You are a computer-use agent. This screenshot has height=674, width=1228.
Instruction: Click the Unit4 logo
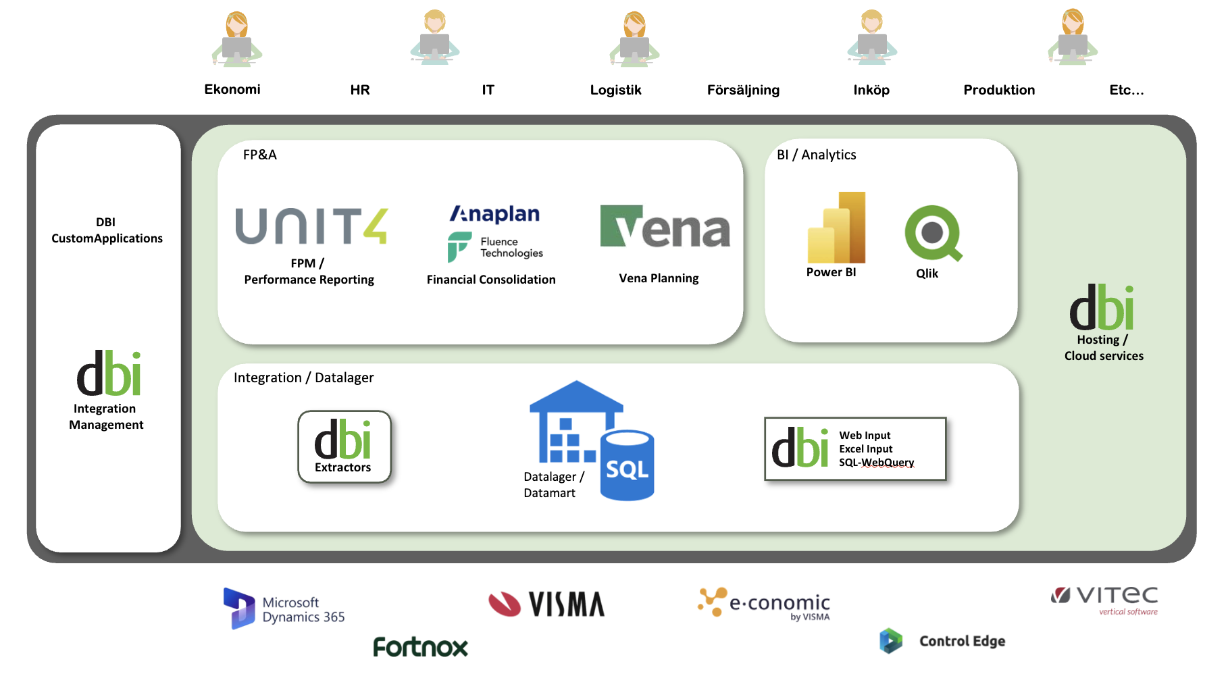click(311, 226)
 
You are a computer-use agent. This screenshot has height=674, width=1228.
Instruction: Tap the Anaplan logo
click(495, 214)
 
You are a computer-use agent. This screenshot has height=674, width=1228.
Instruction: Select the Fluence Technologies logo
click(495, 247)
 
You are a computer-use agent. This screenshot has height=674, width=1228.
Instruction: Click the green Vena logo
click(665, 227)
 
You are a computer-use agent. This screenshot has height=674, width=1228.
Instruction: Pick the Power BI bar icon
click(836, 228)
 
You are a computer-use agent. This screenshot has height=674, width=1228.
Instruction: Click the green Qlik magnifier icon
click(933, 233)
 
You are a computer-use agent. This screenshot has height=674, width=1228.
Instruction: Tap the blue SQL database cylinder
click(627, 466)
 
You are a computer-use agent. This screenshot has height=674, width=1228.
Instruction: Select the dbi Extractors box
click(344, 447)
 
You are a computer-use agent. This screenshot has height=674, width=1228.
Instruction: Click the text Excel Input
click(865, 449)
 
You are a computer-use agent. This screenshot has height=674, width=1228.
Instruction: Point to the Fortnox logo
click(420, 646)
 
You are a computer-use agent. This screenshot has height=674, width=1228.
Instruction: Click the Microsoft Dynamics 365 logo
click(284, 608)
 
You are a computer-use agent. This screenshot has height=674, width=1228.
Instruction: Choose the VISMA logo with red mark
click(546, 604)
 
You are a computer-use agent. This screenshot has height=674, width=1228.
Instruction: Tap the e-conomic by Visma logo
click(764, 603)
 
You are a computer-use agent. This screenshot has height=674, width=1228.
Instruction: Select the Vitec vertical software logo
click(1104, 599)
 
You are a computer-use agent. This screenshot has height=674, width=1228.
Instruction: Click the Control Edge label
click(962, 641)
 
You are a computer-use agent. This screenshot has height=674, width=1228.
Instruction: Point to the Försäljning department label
click(743, 90)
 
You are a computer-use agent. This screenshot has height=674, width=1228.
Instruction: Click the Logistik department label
click(615, 90)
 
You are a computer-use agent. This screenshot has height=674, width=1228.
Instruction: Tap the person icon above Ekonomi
click(236, 39)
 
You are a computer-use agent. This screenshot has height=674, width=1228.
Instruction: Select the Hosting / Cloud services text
click(1104, 348)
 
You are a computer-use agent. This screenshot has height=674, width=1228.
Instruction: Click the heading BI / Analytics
click(816, 155)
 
